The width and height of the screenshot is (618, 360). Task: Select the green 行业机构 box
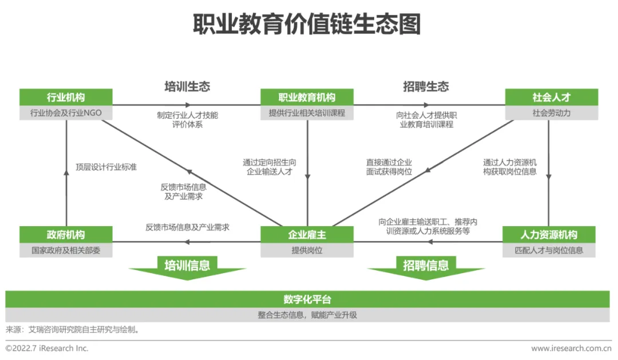66,97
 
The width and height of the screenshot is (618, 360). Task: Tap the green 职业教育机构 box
307,97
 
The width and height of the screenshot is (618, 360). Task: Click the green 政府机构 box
66,235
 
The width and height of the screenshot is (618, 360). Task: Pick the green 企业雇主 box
307,235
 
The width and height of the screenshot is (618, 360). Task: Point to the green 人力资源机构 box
549,235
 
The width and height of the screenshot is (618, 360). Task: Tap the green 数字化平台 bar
307,299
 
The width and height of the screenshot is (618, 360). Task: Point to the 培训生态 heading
187,86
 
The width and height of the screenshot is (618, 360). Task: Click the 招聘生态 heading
426,86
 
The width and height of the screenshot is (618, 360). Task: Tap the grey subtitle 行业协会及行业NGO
66,113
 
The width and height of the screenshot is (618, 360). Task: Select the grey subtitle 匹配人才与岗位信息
549,250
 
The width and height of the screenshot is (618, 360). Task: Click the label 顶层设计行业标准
106,168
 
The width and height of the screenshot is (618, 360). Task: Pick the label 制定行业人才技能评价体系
187,119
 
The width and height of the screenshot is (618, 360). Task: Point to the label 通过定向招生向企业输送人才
270,167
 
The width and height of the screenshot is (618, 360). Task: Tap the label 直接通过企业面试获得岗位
389,167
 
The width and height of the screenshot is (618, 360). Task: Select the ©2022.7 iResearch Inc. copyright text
47,348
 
